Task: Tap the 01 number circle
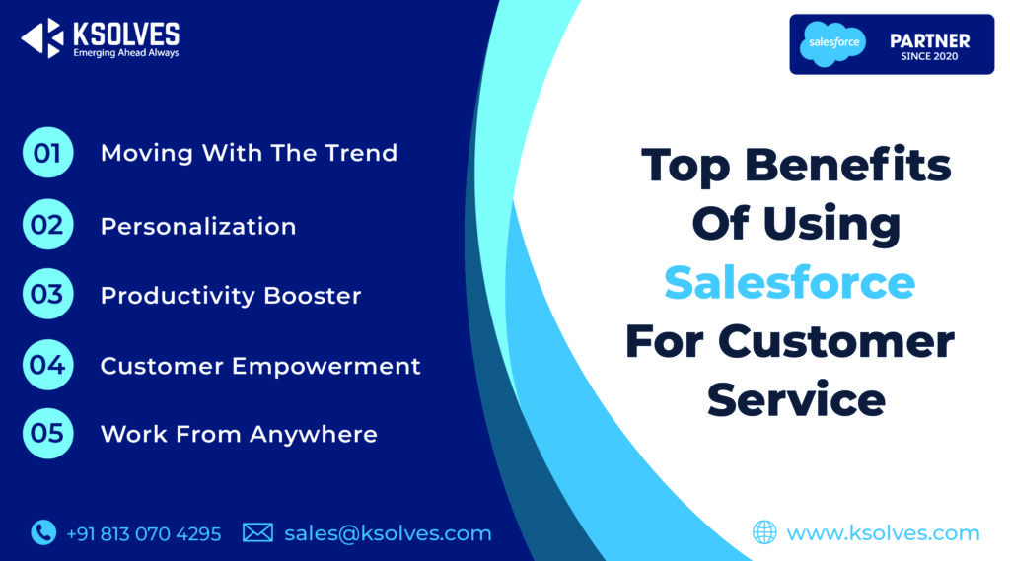[47, 153]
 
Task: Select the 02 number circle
[47, 225]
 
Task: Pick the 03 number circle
[47, 295]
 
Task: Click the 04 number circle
[47, 365]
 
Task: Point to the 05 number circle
[47, 434]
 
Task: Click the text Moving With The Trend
[249, 153]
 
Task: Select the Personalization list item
[198, 226]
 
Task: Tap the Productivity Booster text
[231, 296]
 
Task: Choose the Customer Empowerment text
[260, 366]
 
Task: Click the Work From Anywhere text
[239, 434]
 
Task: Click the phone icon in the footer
[43, 532]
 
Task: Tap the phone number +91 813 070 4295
[144, 533]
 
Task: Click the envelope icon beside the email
[257, 532]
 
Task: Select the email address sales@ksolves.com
[388, 533]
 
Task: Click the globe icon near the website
[764, 532]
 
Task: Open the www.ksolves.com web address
[883, 533]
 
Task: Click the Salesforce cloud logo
[832, 43]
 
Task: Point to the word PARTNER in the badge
[929, 40]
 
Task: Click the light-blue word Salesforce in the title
[789, 283]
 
